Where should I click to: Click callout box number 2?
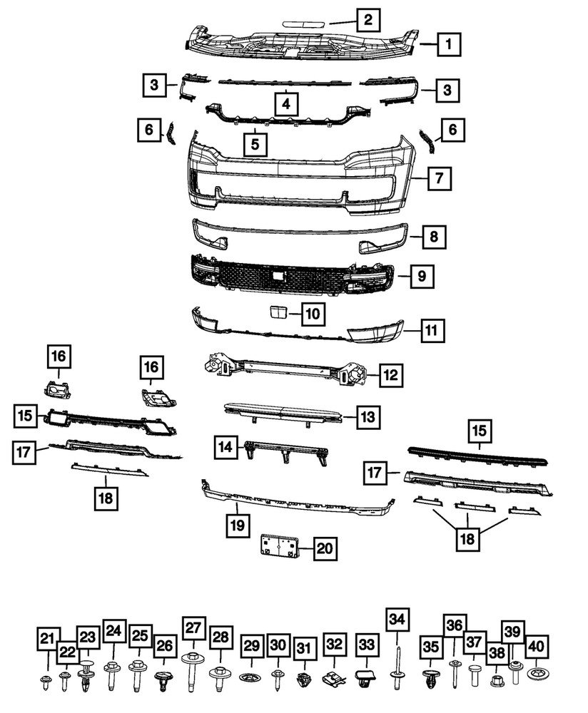pyautogui.click(x=367, y=20)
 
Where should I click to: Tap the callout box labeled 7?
pyautogui.click(x=440, y=178)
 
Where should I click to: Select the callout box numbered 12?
pyautogui.click(x=390, y=374)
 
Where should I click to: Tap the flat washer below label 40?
pyautogui.click(x=535, y=672)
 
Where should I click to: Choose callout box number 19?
pyautogui.click(x=237, y=526)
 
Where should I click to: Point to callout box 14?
pyautogui.click(x=225, y=447)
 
